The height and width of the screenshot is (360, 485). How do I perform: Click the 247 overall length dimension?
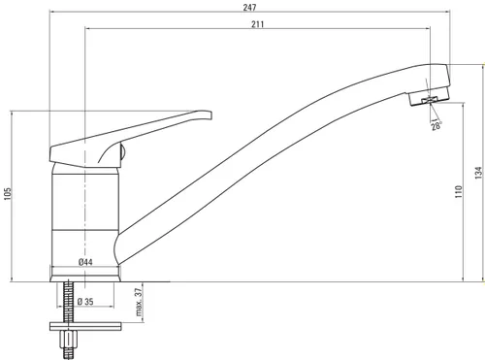click(249, 7)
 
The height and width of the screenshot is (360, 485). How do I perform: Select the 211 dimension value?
click(258, 24)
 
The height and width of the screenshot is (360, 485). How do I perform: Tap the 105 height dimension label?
click(8, 194)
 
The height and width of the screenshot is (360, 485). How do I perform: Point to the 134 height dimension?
click(479, 173)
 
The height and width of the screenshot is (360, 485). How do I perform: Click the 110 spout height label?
click(459, 191)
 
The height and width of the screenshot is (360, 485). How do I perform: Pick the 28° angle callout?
click(436, 125)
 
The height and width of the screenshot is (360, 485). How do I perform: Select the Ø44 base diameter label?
click(85, 262)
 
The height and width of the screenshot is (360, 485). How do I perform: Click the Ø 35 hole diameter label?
click(85, 302)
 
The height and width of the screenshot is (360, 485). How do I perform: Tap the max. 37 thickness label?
click(139, 302)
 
